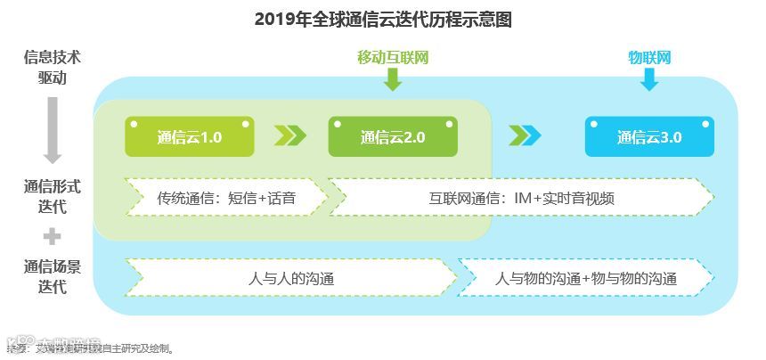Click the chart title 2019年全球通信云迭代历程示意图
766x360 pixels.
point(383,20)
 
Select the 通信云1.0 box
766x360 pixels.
point(189,137)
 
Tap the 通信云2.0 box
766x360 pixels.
point(392,137)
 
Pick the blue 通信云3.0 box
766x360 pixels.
point(649,137)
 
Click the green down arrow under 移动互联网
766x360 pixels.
point(393,81)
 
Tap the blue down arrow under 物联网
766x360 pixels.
point(649,81)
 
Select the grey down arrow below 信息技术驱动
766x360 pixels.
point(53,129)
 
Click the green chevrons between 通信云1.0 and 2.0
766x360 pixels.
point(290,135)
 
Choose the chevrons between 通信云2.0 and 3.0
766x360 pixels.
point(525,135)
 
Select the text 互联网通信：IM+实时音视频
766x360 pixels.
point(521,198)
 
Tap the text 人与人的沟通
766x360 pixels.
point(291,278)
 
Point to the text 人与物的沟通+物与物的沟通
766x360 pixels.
point(586,278)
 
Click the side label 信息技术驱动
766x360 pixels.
point(53,67)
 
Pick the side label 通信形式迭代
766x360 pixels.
point(53,197)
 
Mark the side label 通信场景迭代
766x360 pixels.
point(53,276)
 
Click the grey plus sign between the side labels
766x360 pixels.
point(53,237)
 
